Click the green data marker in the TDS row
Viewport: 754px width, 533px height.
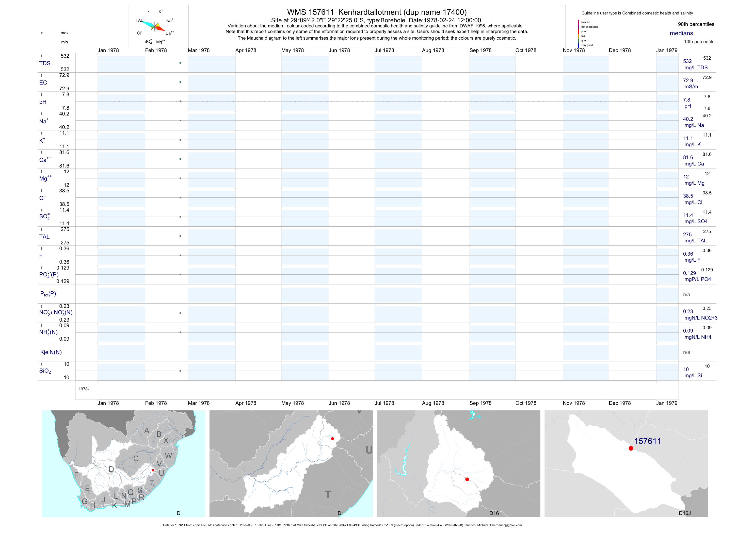pos(180,63)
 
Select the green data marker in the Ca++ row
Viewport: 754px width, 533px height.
pos(180,159)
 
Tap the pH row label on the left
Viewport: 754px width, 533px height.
pos(43,102)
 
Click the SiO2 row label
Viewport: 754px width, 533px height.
pos(45,371)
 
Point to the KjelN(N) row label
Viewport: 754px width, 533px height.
pos(51,352)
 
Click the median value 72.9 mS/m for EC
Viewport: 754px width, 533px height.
pos(688,80)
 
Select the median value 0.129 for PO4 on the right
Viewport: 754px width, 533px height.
pos(689,273)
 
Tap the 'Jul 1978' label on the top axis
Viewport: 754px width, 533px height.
pos(384,50)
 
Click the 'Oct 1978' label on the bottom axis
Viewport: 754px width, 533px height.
pos(525,403)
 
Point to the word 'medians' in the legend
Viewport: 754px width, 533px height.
pos(681,33)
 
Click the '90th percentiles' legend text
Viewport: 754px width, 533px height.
pos(696,24)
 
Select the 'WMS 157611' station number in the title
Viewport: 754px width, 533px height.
pos(310,12)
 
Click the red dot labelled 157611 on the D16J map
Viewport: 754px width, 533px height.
pos(631,448)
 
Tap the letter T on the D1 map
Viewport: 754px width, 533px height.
pos(328,494)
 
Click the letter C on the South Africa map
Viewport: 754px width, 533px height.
pos(136,458)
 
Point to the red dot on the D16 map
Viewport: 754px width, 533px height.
pos(467,479)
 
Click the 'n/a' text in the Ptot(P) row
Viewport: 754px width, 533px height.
pos(686,295)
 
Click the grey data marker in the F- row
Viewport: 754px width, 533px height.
pos(180,255)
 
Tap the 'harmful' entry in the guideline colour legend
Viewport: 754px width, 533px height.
pos(586,22)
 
